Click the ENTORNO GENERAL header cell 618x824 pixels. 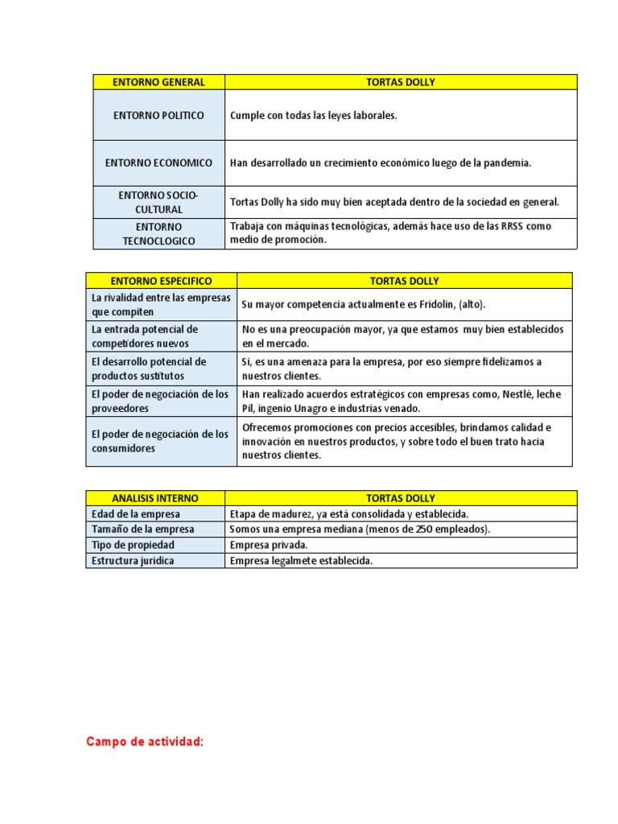[159, 82]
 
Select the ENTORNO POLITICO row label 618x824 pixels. [159, 115]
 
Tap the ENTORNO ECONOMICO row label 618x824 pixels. [159, 163]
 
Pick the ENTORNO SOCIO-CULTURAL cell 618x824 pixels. [159, 202]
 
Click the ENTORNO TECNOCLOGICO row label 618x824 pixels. [159, 233]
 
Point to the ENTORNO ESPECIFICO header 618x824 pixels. [161, 281]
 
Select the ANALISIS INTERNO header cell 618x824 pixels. [155, 498]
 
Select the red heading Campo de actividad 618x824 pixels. [145, 742]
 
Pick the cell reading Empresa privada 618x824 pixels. [268, 545]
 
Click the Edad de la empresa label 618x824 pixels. [136, 514]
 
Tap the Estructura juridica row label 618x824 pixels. [133, 561]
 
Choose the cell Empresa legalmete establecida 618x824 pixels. [301, 561]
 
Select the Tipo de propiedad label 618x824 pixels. [131, 545]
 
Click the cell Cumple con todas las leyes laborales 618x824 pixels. [314, 116]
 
